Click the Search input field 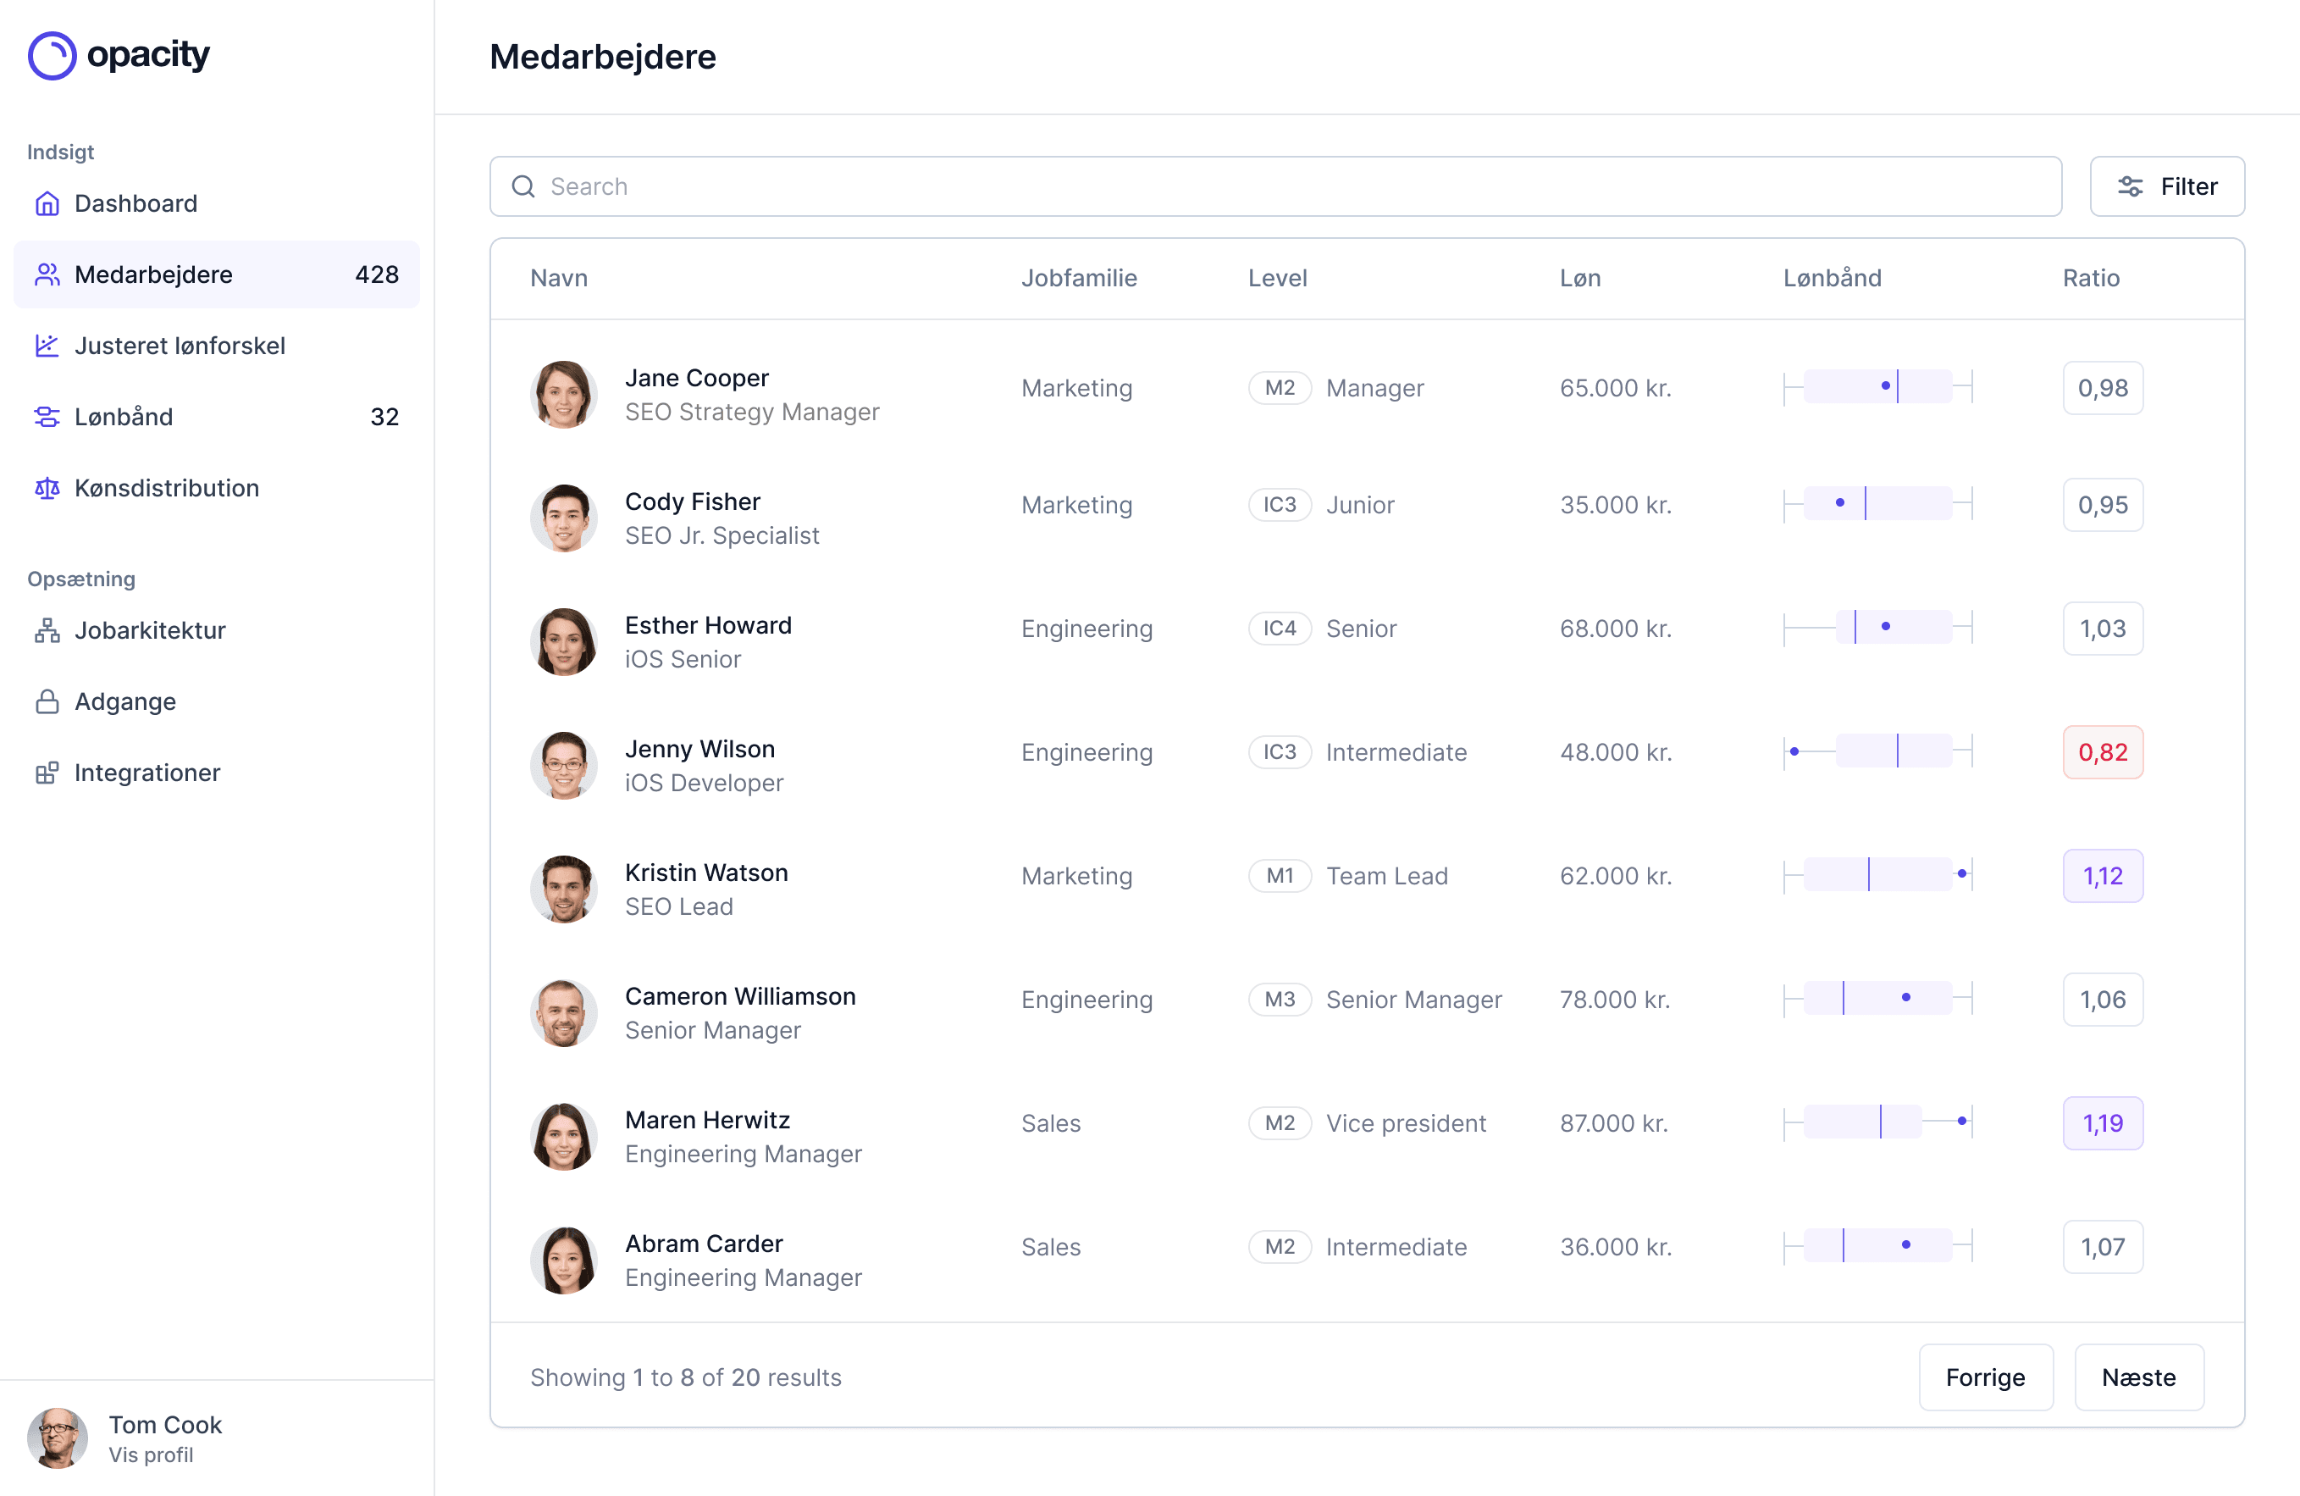pyautogui.click(x=1275, y=186)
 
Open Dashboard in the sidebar pyautogui.click(x=135, y=204)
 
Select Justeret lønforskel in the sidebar pyautogui.click(x=180, y=346)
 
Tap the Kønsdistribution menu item pyautogui.click(x=166, y=488)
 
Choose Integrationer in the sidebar pyautogui.click(x=147, y=773)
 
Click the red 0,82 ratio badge pyautogui.click(x=2102, y=752)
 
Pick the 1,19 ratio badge pyautogui.click(x=2102, y=1123)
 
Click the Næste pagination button pyautogui.click(x=2137, y=1377)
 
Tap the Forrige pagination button pyautogui.click(x=1984, y=1377)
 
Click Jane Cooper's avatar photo pyautogui.click(x=563, y=394)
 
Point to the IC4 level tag pyautogui.click(x=1279, y=629)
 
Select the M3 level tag pyautogui.click(x=1279, y=1000)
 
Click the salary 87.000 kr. pyautogui.click(x=1613, y=1123)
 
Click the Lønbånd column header pyautogui.click(x=1832, y=279)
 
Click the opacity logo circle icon pyautogui.click(x=53, y=55)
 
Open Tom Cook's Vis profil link pyautogui.click(x=151, y=1454)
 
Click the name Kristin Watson pyautogui.click(x=705, y=873)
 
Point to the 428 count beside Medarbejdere pyautogui.click(x=376, y=274)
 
